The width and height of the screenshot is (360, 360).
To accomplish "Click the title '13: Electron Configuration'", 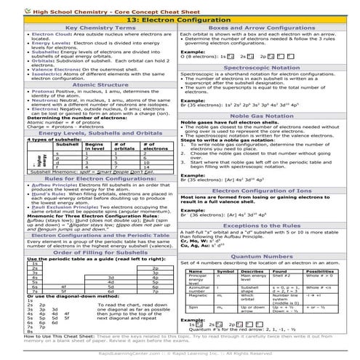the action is coord(180,20).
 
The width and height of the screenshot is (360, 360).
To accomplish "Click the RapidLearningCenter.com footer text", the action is coord(180,352).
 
